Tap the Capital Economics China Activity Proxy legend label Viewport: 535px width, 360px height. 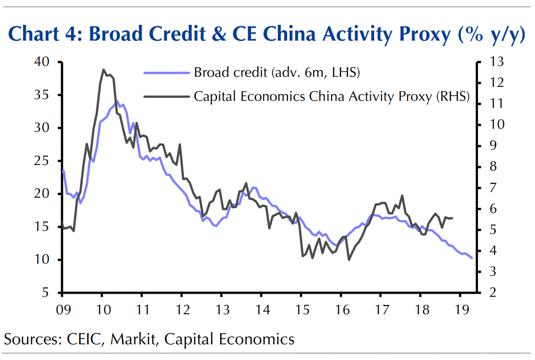click(331, 96)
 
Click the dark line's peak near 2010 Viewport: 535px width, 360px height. click(103, 69)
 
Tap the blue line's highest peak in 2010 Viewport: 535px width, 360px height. click(116, 101)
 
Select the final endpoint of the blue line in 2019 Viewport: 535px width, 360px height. click(472, 258)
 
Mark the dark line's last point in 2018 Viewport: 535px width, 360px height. click(453, 218)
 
